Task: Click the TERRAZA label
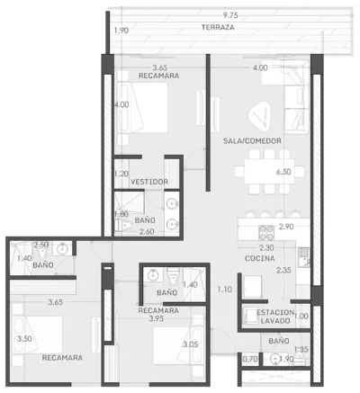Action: tap(218, 27)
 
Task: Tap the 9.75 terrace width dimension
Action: tap(230, 15)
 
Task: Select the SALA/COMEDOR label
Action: tap(252, 140)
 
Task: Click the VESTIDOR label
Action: tap(149, 182)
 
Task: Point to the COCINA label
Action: tap(260, 258)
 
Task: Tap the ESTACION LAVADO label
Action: tap(275, 317)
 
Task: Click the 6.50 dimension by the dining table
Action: tap(283, 172)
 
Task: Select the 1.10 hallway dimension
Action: tap(225, 290)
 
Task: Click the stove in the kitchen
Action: tap(266, 233)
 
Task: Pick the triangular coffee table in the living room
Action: tap(260, 116)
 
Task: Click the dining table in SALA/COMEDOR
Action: tap(267, 171)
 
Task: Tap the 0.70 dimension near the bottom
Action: tap(249, 359)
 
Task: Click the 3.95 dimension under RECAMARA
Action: tap(157, 318)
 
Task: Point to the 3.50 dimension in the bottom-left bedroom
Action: tap(24, 339)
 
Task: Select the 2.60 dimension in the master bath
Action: tap(147, 231)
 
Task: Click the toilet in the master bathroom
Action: tap(123, 225)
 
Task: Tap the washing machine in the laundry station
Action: tap(250, 316)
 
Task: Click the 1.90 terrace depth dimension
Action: tap(121, 31)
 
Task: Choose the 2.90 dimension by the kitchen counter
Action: tap(286, 227)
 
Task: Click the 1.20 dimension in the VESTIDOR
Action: tap(121, 174)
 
